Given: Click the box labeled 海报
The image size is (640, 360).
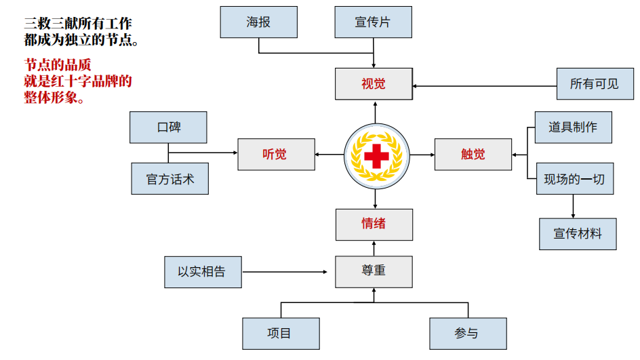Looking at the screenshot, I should point(258,22).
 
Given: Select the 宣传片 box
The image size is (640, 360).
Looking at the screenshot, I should point(373,22).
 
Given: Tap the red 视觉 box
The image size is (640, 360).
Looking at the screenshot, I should point(374,84).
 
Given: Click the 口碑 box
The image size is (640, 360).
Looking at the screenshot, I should point(168,127).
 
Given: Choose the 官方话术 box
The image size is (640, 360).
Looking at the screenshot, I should point(169,179).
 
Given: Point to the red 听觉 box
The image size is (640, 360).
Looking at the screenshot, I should point(276,154).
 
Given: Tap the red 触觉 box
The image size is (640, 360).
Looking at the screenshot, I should point(473,154).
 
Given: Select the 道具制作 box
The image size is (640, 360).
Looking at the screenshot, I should point(573,127).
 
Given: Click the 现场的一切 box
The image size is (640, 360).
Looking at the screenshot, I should point(574,179).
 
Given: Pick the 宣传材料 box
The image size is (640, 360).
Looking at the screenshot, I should point(578,234).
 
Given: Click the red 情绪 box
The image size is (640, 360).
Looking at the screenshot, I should point(374,224).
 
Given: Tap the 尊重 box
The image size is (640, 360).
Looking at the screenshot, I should point(374,271).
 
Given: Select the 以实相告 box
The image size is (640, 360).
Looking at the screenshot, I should point(203,272).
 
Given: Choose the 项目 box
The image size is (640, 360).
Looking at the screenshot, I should point(281,334).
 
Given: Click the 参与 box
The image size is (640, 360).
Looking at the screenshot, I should point(467,334).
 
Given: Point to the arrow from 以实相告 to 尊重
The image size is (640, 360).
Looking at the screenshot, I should point(288,272).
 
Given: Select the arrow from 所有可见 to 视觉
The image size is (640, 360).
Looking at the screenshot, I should point(485,86).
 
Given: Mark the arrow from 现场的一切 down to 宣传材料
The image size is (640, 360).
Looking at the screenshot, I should point(574,206).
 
